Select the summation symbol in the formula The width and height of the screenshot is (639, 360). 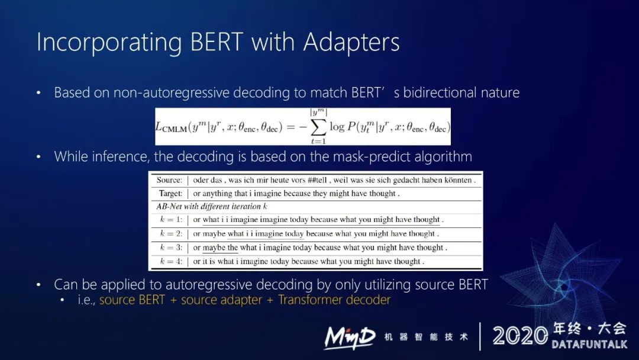point(318,127)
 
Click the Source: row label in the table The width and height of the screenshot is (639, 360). point(169,180)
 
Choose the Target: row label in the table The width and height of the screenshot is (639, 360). point(170,194)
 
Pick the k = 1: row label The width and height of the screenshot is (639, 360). point(172,220)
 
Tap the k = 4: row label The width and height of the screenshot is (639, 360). point(172,261)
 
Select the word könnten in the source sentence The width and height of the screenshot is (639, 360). point(456,180)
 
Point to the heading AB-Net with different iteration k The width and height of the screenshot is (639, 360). point(211,207)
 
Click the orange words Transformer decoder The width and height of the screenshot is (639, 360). point(334,300)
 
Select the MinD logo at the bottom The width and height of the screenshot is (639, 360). point(349,337)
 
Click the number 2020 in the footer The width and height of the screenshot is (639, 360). point(520,336)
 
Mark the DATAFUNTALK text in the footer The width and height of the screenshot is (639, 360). point(589,344)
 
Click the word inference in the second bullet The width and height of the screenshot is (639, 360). point(117,157)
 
